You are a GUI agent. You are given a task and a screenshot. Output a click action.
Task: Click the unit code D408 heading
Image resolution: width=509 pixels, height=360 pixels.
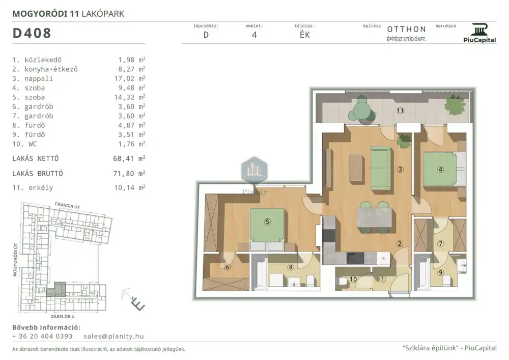click(x=32, y=33)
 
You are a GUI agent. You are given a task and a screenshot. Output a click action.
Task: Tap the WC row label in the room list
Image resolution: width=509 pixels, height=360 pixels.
click(x=33, y=144)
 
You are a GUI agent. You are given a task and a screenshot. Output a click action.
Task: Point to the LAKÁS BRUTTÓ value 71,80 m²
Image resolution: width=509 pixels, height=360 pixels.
click(x=129, y=173)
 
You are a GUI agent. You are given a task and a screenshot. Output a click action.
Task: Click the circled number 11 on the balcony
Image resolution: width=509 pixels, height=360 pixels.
click(x=400, y=110)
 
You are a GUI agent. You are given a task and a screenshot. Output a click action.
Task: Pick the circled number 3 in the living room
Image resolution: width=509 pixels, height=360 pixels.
click(x=400, y=169)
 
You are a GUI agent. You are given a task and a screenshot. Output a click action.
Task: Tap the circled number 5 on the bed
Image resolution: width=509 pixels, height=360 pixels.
click(x=267, y=221)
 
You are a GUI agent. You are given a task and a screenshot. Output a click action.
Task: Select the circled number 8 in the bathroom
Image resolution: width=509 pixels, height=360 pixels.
click(x=291, y=267)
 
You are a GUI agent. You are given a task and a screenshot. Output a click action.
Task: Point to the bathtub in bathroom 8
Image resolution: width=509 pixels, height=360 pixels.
click(x=260, y=273)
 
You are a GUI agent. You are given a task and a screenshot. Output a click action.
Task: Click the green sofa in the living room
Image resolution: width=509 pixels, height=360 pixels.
click(x=381, y=168)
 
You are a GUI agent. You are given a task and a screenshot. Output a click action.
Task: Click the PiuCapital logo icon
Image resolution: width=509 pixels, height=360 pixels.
click(x=479, y=30)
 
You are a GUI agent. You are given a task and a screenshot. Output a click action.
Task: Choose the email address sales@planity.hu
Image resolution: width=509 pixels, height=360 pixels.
click(x=114, y=336)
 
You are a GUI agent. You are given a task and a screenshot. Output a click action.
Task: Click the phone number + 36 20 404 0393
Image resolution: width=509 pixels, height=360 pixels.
click(x=43, y=336)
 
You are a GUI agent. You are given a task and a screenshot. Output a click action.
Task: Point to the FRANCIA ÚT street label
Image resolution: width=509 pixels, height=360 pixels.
click(x=68, y=205)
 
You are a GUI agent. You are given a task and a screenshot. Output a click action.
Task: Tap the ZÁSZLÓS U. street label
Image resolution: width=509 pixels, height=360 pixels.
click(x=63, y=317)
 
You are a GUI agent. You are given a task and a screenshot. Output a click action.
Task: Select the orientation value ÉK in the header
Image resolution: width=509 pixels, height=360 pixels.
click(x=305, y=35)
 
